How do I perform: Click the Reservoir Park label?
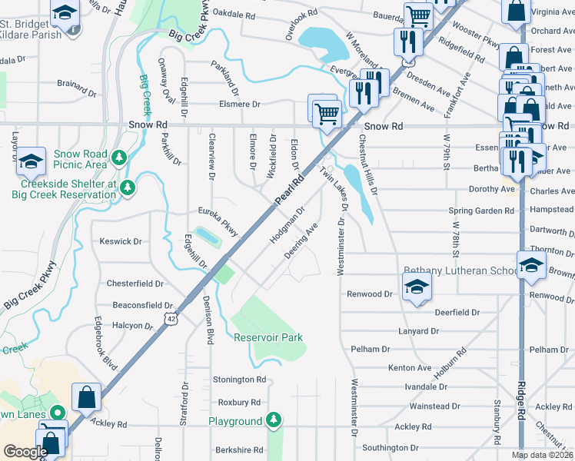pos(268,337)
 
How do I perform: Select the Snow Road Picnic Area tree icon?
pos(118,159)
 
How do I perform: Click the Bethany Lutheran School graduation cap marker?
pos(417,287)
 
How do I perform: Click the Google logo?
pos(25,452)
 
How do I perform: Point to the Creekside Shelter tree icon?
pos(128,187)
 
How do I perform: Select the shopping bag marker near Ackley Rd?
pos(86,397)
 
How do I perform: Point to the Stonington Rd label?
pos(239,380)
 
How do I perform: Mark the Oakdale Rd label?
pos(234,14)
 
